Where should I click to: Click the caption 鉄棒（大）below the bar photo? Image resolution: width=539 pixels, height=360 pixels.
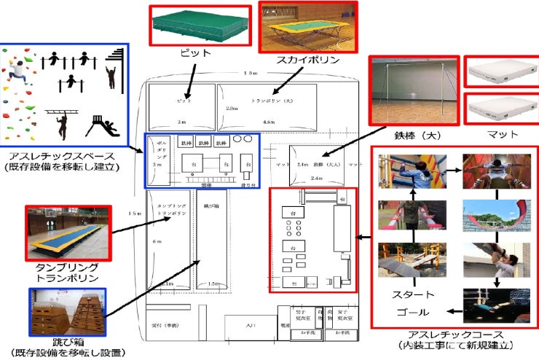pyautogui.click(x=413, y=136)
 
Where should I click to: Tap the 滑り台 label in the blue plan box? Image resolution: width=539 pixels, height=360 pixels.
pyautogui.click(x=247, y=186)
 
